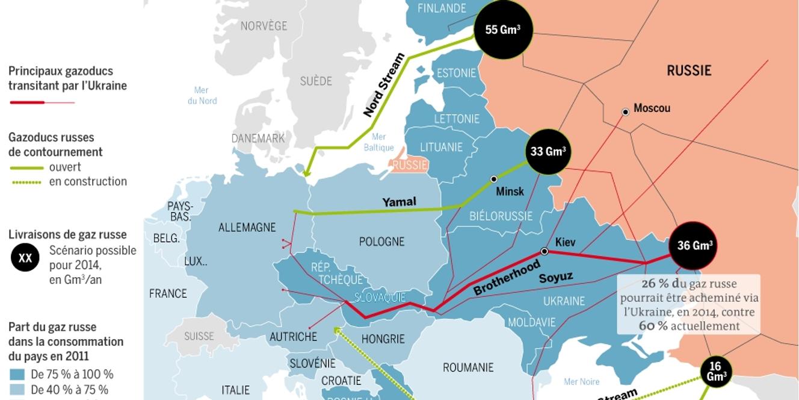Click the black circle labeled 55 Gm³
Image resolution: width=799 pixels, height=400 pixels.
[x=503, y=30]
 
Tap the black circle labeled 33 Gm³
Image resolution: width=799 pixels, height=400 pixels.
[x=547, y=152]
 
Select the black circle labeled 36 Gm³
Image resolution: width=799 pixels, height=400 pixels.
[x=695, y=245]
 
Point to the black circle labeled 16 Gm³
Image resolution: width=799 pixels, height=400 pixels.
[x=715, y=371]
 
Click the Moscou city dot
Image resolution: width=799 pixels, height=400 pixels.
[x=626, y=111]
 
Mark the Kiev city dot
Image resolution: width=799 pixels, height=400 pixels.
[x=544, y=251]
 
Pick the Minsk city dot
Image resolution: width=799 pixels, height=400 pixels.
[x=494, y=179]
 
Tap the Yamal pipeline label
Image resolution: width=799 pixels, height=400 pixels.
[x=399, y=202]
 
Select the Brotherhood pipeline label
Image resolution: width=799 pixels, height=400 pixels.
[x=507, y=278]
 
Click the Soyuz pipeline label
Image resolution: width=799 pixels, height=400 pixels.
[x=555, y=278]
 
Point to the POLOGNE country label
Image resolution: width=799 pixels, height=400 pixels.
[x=381, y=242]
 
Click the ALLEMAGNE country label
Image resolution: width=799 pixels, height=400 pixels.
[x=247, y=228]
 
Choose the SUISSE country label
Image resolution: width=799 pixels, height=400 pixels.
[x=199, y=336]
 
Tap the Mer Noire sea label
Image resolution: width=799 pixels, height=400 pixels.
[x=581, y=381]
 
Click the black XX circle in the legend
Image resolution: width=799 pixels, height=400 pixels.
[x=25, y=258]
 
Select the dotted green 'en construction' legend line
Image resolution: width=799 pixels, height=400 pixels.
[x=26, y=182]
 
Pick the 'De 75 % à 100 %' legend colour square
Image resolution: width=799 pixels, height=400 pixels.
[x=17, y=374]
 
